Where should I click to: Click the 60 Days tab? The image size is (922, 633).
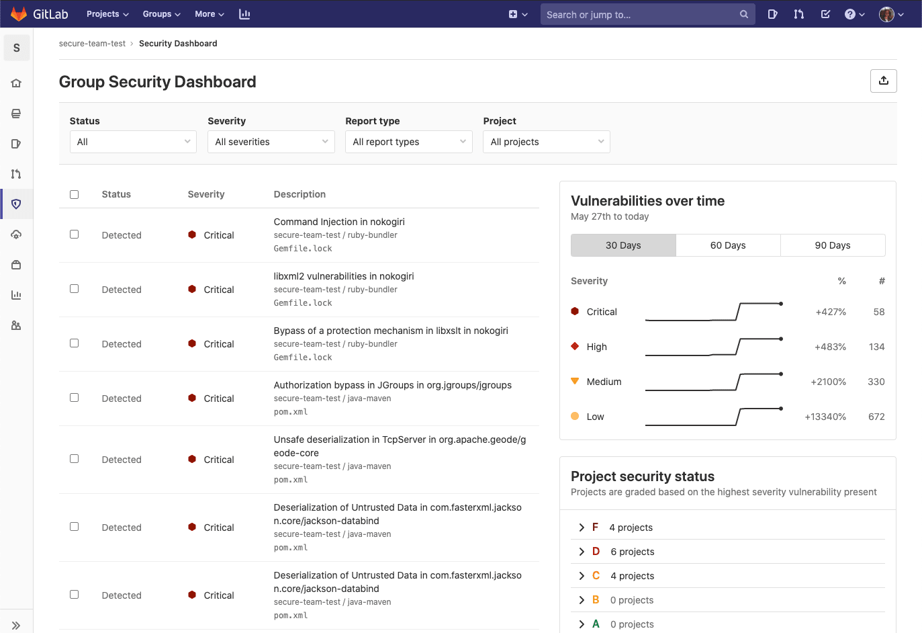pyautogui.click(x=728, y=245)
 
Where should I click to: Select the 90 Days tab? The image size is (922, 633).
pyautogui.click(x=833, y=245)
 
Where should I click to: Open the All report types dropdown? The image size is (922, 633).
pyautogui.click(x=409, y=142)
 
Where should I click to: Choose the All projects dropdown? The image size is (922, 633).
pyautogui.click(x=547, y=142)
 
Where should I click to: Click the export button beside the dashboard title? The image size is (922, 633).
pyautogui.click(x=884, y=81)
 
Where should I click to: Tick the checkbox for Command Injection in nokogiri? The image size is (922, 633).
pyautogui.click(x=75, y=235)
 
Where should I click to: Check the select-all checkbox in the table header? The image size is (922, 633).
pyautogui.click(x=75, y=195)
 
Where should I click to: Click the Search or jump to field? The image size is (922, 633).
pyautogui.click(x=641, y=14)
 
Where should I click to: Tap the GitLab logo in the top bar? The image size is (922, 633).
pyautogui.click(x=19, y=14)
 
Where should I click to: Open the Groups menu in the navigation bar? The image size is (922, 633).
pyautogui.click(x=161, y=14)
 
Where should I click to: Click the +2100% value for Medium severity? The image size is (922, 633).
pyautogui.click(x=828, y=382)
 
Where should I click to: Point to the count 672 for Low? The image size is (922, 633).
pyautogui.click(x=876, y=417)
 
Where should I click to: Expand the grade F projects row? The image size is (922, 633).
pyautogui.click(x=582, y=527)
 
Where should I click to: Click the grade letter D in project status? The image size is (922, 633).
pyautogui.click(x=596, y=552)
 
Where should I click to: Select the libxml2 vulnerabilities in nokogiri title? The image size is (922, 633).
pyautogui.click(x=344, y=276)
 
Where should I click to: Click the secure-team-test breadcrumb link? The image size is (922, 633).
pyautogui.click(x=92, y=44)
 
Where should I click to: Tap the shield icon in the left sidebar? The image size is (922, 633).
pyautogui.click(x=17, y=204)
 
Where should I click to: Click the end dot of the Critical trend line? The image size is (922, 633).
pyautogui.click(x=781, y=304)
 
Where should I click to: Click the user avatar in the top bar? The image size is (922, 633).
pyautogui.click(x=886, y=14)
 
